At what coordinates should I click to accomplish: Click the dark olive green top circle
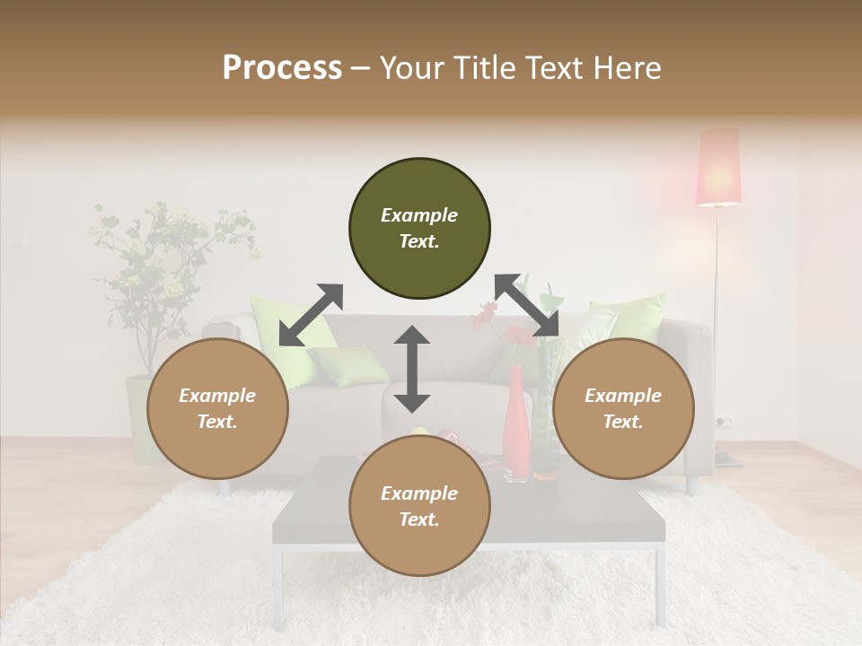pos(419,229)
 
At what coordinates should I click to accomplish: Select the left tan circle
pos(217,409)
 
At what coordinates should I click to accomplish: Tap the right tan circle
pos(623,409)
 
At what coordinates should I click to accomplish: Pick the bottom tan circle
pos(419,507)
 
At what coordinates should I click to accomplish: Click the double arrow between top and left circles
pos(311,315)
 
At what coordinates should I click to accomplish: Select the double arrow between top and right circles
pos(527,306)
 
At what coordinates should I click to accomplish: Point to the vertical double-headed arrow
pos(412,369)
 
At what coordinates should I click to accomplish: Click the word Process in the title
pos(282,68)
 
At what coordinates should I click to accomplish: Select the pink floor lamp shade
pos(719,167)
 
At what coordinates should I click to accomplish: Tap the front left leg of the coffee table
pos(281,584)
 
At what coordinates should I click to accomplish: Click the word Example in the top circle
pos(419,215)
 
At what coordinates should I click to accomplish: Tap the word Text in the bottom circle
pos(418,520)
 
